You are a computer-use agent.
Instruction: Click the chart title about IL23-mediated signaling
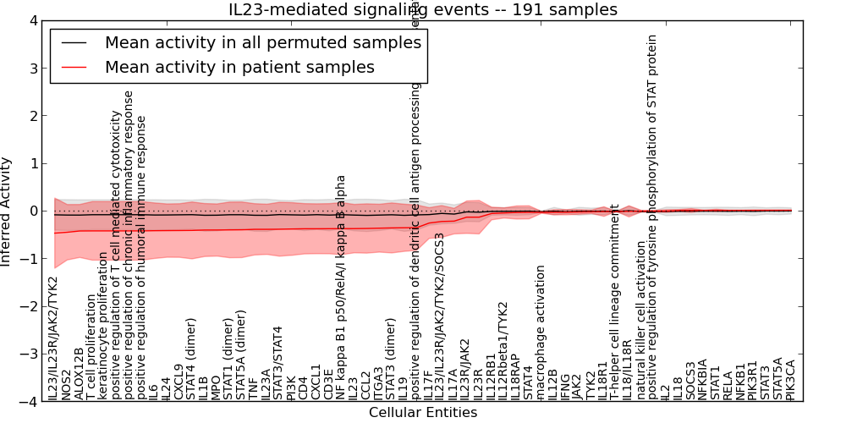click(423, 9)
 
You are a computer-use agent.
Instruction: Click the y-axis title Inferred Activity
click(7, 211)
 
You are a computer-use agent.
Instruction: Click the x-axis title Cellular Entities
click(423, 413)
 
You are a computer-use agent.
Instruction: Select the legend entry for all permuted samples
click(262, 41)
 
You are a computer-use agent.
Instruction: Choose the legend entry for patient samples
click(239, 67)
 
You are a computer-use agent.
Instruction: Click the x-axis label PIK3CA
click(791, 378)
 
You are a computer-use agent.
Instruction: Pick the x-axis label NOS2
click(67, 384)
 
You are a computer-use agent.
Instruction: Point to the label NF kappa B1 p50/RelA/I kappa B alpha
click(341, 288)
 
